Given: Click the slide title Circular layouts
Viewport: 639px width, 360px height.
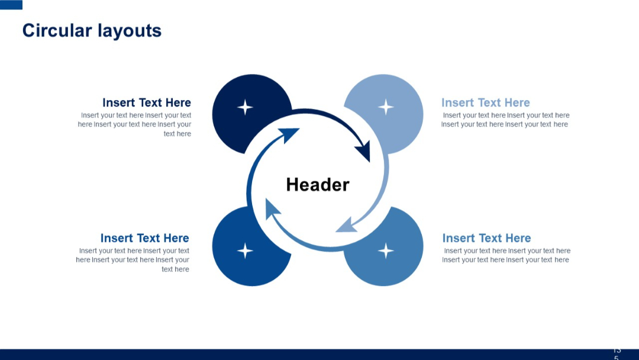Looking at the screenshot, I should [x=92, y=30].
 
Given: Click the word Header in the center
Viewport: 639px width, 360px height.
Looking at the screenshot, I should [x=318, y=185].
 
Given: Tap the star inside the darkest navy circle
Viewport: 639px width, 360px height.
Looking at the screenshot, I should [x=245, y=107].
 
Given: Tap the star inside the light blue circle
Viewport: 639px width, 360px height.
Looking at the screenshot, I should [x=386, y=107].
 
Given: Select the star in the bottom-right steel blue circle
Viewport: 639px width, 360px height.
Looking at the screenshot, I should [x=386, y=250].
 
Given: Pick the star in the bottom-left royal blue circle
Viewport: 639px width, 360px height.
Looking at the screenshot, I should [x=245, y=250].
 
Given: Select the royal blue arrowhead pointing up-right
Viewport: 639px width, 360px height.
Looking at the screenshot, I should [x=289, y=136].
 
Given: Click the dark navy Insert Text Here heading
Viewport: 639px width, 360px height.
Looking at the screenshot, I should [x=147, y=102].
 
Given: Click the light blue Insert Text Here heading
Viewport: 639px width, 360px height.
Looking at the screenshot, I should [x=485, y=102].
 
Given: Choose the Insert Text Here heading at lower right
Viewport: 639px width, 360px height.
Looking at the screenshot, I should [x=486, y=238].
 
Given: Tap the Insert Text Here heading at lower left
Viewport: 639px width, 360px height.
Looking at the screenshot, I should [x=144, y=238].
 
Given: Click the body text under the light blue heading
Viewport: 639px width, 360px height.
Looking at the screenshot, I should [x=505, y=120].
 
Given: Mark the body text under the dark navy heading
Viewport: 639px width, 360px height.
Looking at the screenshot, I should [x=135, y=124].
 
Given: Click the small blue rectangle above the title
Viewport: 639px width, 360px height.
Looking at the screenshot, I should [x=11, y=5].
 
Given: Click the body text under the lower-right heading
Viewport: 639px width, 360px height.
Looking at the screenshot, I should [x=506, y=255].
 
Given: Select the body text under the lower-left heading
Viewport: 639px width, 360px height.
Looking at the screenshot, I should [x=134, y=260].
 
